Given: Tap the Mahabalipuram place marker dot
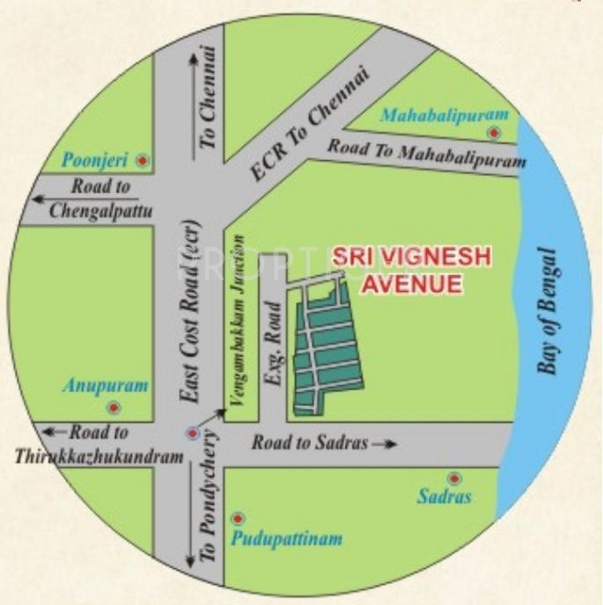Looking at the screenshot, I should (x=495, y=133).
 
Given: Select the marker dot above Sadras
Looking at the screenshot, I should (x=454, y=477).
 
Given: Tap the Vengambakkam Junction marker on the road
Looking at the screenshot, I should (x=193, y=433).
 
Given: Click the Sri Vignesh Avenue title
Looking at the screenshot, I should (x=401, y=272).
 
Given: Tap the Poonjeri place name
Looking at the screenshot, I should (x=95, y=160).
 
